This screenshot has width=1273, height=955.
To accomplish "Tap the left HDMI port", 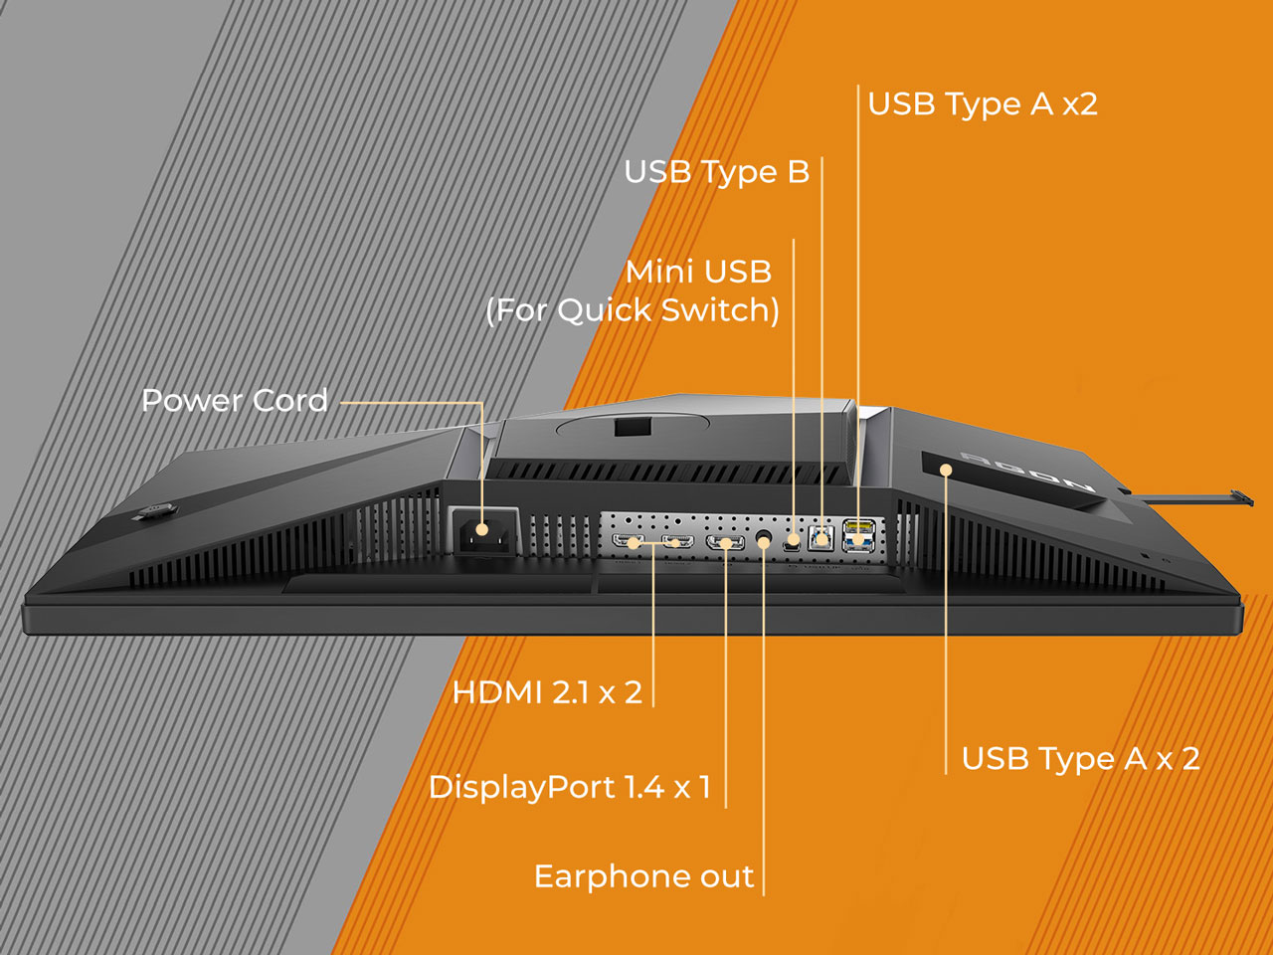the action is (x=629, y=541).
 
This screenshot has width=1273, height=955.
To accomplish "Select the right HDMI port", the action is (x=678, y=541).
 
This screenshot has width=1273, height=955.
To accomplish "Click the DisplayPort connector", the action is (x=725, y=543).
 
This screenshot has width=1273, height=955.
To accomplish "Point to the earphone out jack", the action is (x=765, y=540).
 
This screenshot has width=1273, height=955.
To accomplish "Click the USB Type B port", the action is (x=820, y=537).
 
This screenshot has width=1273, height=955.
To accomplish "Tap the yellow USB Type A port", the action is (x=859, y=526).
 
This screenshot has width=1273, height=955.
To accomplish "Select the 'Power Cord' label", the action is (x=235, y=400).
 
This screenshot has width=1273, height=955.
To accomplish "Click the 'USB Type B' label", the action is (x=717, y=172).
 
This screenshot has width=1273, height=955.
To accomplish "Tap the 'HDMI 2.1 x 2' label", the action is (x=547, y=692).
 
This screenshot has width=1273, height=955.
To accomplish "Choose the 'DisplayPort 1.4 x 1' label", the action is (x=570, y=787).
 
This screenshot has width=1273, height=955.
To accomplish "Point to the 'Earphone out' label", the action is (x=643, y=876).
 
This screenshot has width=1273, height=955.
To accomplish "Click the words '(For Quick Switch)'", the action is (x=633, y=310).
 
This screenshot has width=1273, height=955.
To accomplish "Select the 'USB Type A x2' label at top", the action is (x=983, y=104).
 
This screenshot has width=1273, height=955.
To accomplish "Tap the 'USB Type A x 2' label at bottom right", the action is (x=1080, y=758).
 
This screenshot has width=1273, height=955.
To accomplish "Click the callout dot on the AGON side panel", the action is (x=946, y=469).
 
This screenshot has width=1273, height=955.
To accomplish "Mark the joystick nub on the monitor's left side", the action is (x=155, y=511).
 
